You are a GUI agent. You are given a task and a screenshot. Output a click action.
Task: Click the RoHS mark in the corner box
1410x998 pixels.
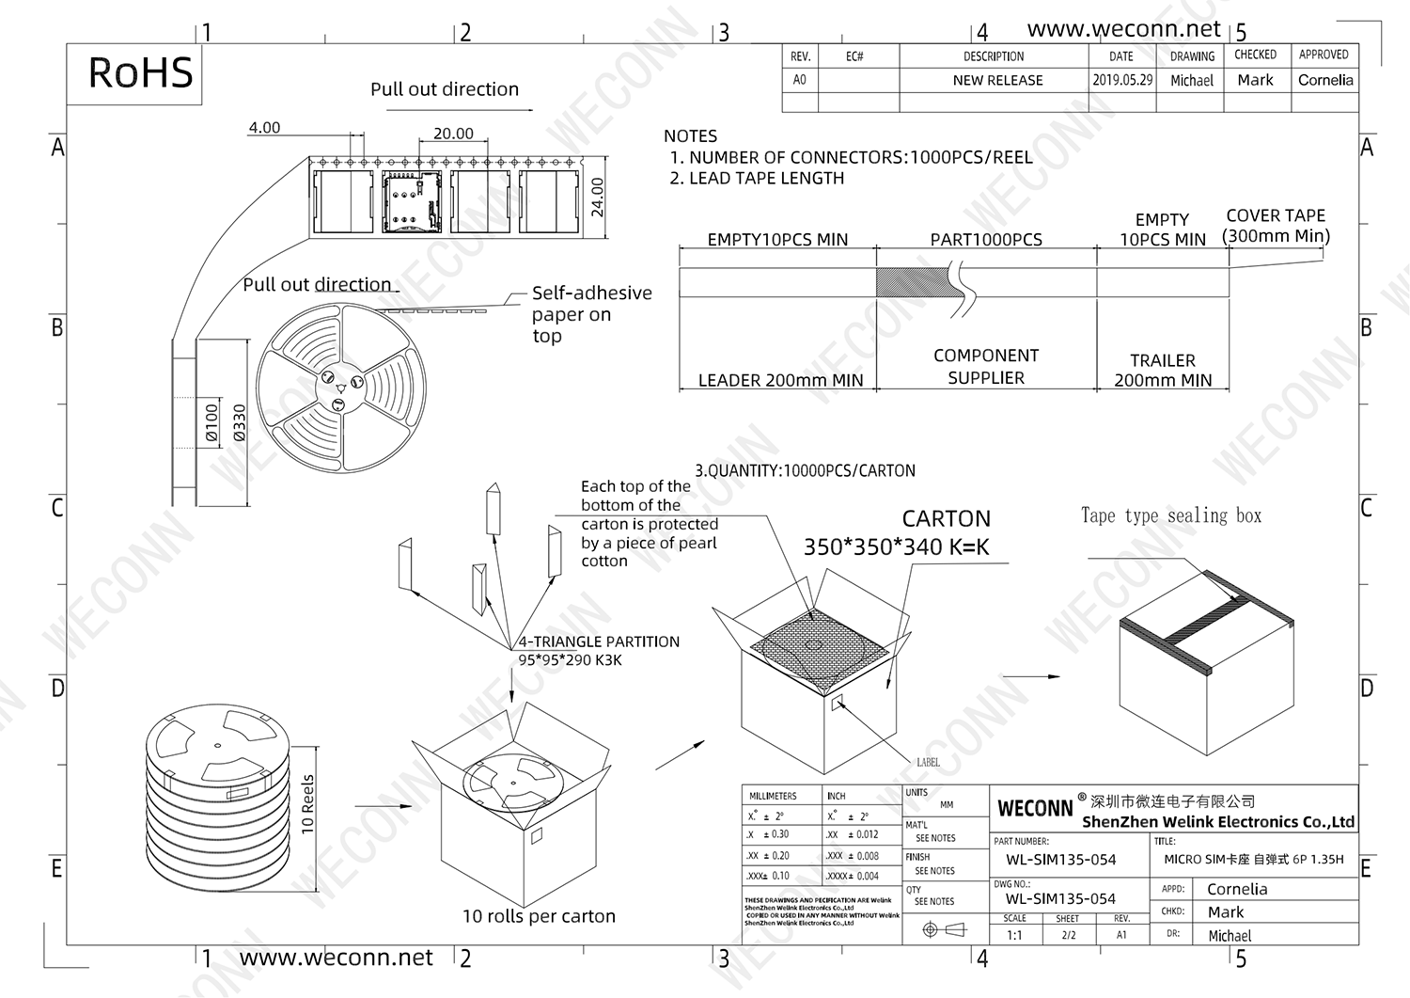pyautogui.click(x=140, y=73)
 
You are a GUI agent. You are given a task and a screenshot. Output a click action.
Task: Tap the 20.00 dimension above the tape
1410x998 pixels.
pyautogui.click(x=453, y=134)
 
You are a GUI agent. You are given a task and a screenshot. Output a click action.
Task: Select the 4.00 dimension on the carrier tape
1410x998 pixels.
pyautogui.click(x=264, y=127)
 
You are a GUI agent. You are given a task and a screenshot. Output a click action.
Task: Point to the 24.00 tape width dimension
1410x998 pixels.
pyautogui.click(x=598, y=197)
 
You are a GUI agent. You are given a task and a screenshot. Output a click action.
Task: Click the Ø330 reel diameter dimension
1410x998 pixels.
pyautogui.click(x=239, y=422)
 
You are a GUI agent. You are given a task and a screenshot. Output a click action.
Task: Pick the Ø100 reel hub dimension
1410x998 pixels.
pyautogui.click(x=212, y=422)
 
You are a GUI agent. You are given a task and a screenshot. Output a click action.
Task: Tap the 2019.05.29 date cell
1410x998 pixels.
pyautogui.click(x=1121, y=80)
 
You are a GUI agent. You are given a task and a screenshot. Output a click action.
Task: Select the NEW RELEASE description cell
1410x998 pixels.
pyautogui.click(x=997, y=80)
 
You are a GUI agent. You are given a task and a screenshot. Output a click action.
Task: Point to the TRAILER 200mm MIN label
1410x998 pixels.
pyautogui.click(x=1163, y=371)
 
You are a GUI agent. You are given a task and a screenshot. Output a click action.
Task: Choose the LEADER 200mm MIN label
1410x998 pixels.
pyautogui.click(x=780, y=380)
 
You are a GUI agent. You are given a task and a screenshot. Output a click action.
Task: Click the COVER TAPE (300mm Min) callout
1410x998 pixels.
pyautogui.click(x=1276, y=226)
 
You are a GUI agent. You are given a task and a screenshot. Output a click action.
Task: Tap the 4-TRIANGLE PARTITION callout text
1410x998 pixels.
pyautogui.click(x=599, y=642)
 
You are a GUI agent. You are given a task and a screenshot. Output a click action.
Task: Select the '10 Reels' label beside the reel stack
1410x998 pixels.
pyautogui.click(x=307, y=804)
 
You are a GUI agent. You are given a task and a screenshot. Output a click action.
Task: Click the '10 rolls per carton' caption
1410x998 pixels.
pyautogui.click(x=539, y=916)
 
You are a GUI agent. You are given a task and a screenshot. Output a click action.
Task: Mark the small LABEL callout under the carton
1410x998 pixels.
pyautogui.click(x=928, y=762)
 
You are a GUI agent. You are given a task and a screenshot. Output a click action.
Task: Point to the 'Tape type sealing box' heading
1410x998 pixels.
pyautogui.click(x=1171, y=515)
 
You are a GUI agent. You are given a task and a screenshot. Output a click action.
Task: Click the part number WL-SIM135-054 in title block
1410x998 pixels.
pyautogui.click(x=1060, y=860)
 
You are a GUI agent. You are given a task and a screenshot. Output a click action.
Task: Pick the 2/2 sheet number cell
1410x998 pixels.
pyautogui.click(x=1068, y=935)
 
